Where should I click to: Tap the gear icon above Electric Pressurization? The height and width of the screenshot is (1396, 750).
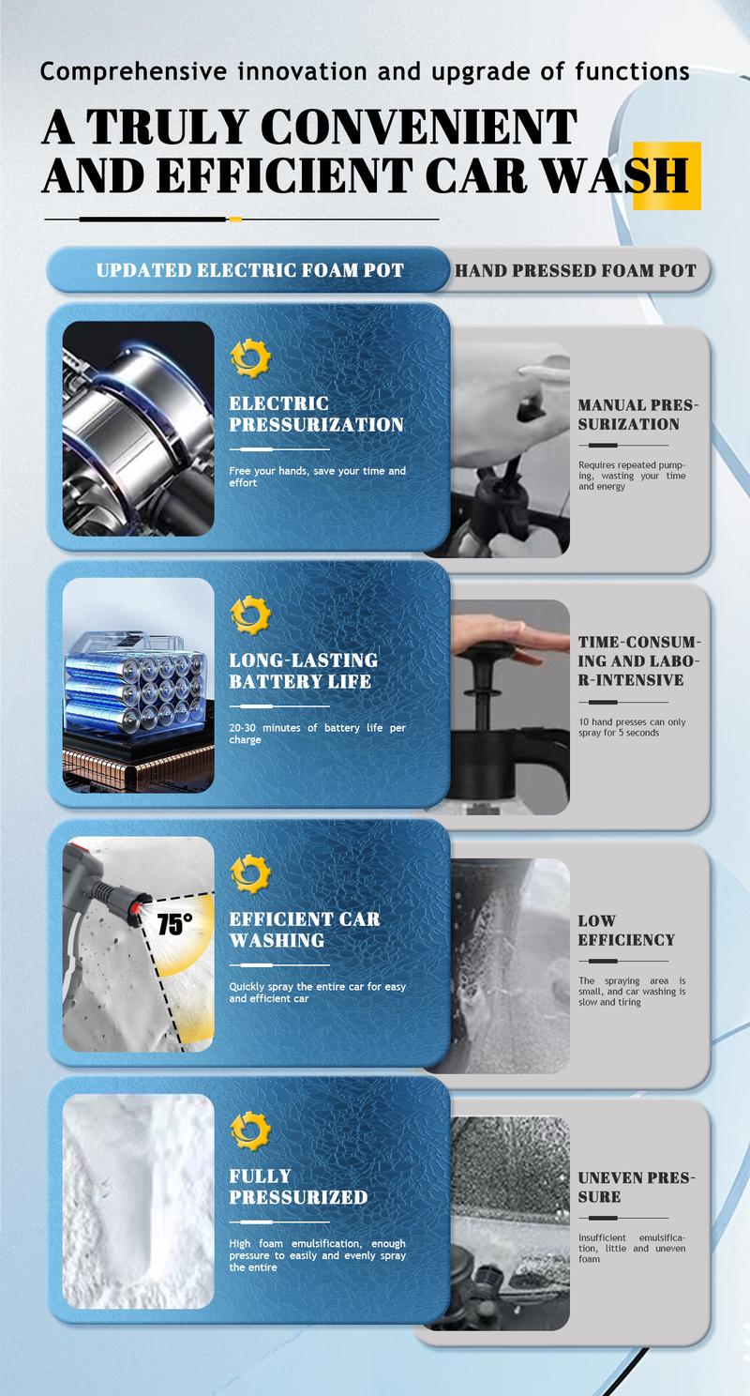(250, 358)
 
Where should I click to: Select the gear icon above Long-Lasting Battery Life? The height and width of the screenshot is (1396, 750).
(250, 615)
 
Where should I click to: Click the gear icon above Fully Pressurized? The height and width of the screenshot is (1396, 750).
(250, 1131)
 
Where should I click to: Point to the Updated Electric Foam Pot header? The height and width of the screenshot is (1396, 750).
(249, 270)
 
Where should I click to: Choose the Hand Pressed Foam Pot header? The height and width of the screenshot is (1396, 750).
(576, 270)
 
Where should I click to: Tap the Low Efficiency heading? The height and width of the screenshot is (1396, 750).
(626, 930)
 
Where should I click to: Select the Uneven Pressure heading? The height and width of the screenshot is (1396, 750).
(637, 1187)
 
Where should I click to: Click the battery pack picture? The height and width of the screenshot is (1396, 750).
(139, 686)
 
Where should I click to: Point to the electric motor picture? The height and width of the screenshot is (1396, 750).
(139, 429)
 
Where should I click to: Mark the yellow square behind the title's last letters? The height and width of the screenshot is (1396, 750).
(667, 175)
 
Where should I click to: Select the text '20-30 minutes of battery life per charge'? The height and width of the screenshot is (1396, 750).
(317, 734)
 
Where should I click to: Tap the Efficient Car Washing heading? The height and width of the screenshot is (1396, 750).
(305, 929)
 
